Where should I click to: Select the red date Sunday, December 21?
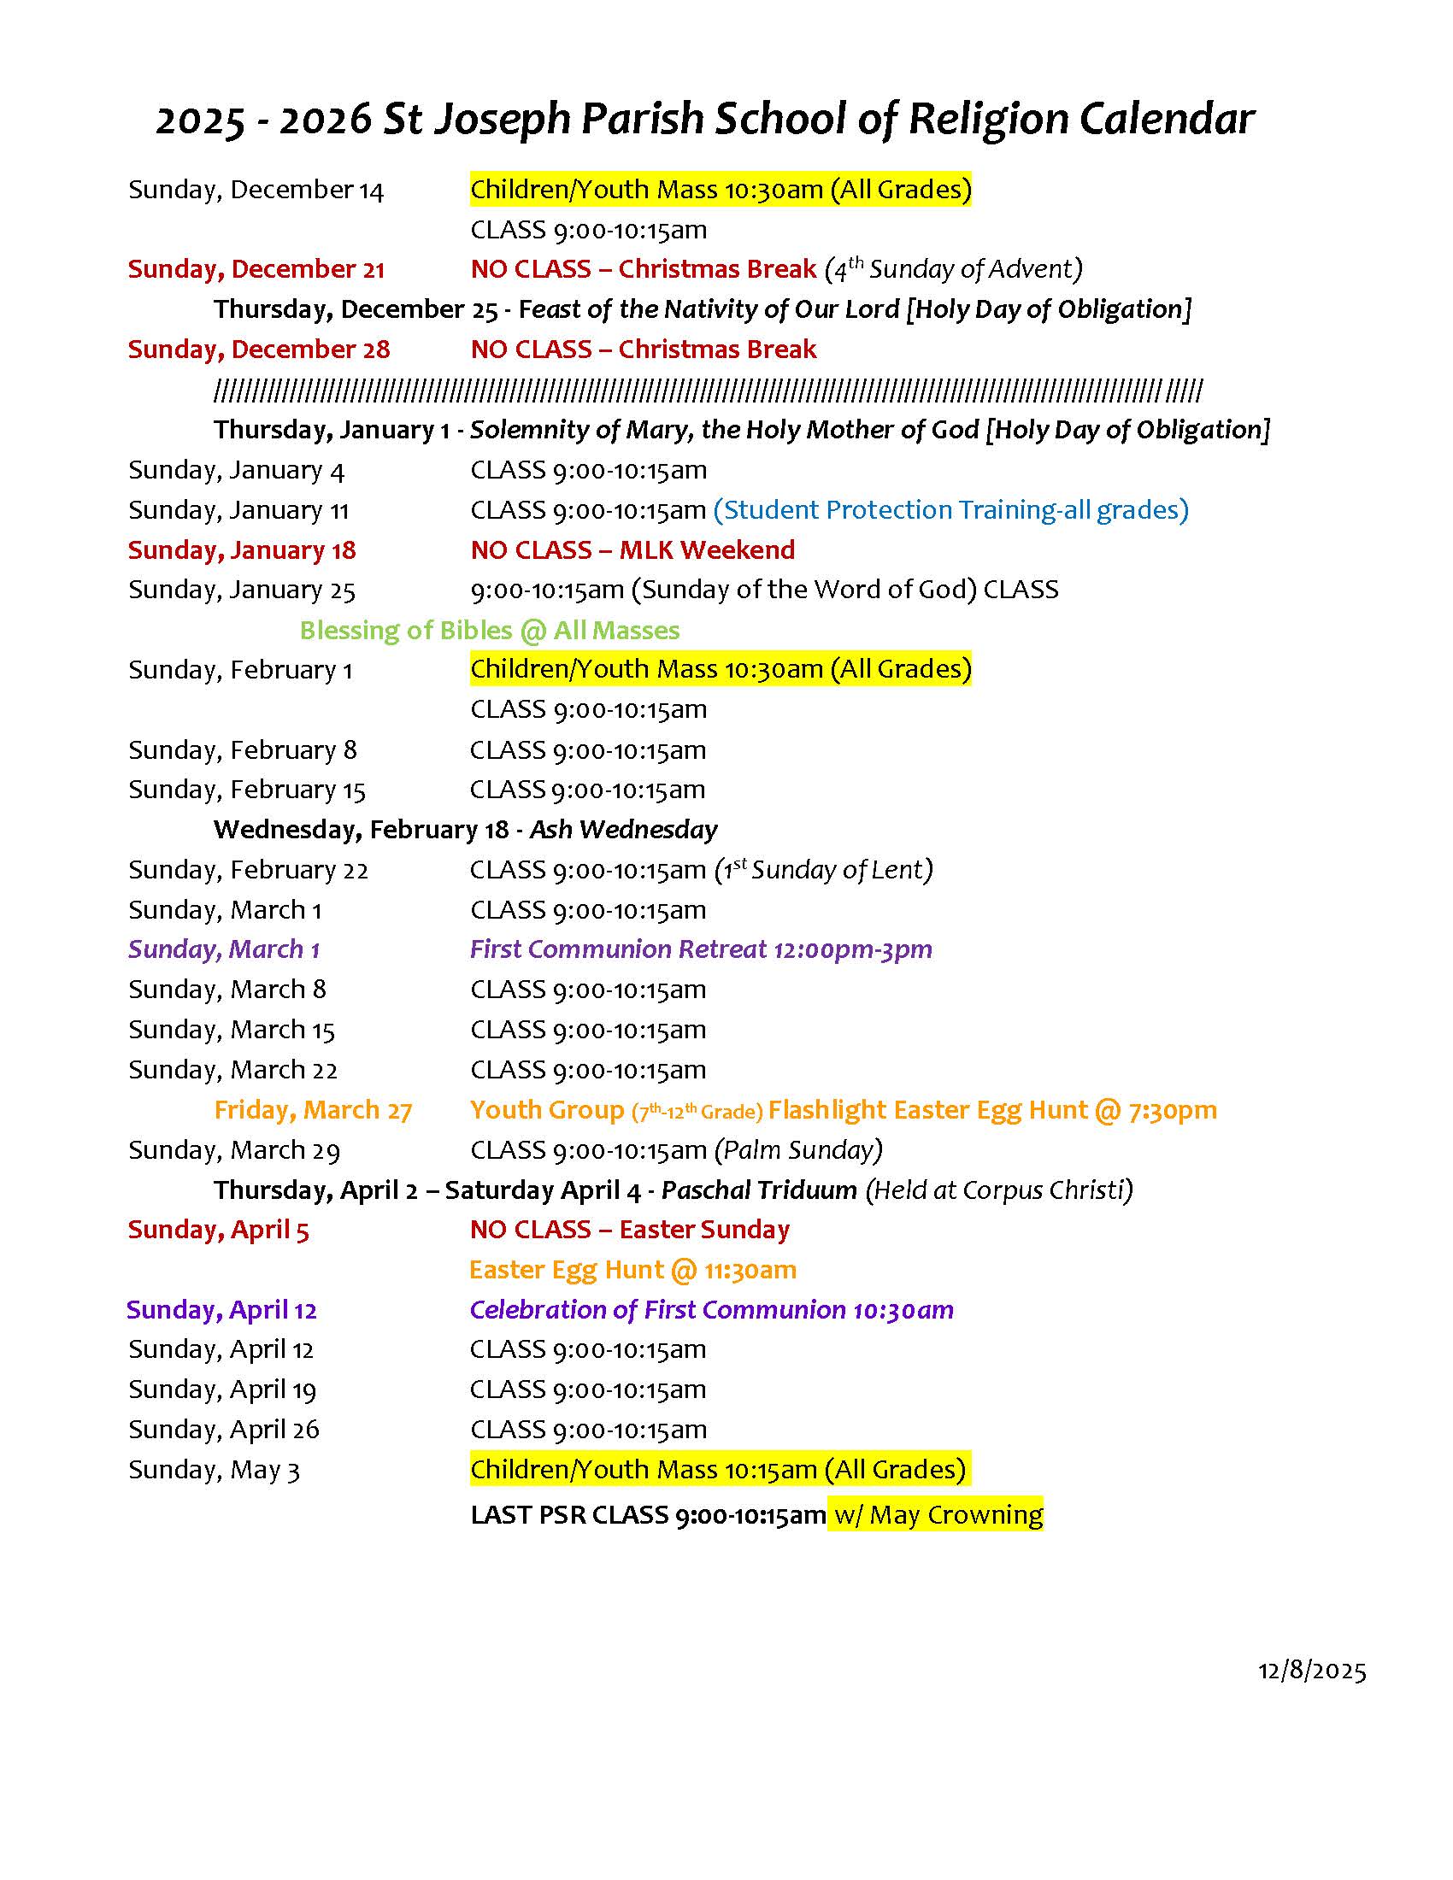tap(256, 269)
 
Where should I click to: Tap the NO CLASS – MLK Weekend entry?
tap(632, 550)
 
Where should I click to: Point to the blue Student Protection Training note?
tap(950, 510)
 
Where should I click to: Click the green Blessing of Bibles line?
tap(489, 630)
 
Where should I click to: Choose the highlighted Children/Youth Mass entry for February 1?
tap(720, 669)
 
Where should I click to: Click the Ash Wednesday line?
tap(623, 829)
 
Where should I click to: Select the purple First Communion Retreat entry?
tap(701, 949)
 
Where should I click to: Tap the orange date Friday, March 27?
tap(313, 1110)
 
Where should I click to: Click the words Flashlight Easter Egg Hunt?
tap(928, 1110)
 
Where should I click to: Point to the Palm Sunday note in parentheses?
tap(799, 1150)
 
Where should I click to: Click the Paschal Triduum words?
tap(759, 1190)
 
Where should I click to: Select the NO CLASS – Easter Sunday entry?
tap(629, 1229)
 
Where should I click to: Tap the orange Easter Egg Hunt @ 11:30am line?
tap(632, 1270)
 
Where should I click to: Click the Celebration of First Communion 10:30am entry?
tap(711, 1309)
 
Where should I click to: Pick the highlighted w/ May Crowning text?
tap(935, 1514)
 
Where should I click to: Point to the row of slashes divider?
tap(708, 391)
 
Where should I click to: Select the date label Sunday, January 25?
tap(241, 590)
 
